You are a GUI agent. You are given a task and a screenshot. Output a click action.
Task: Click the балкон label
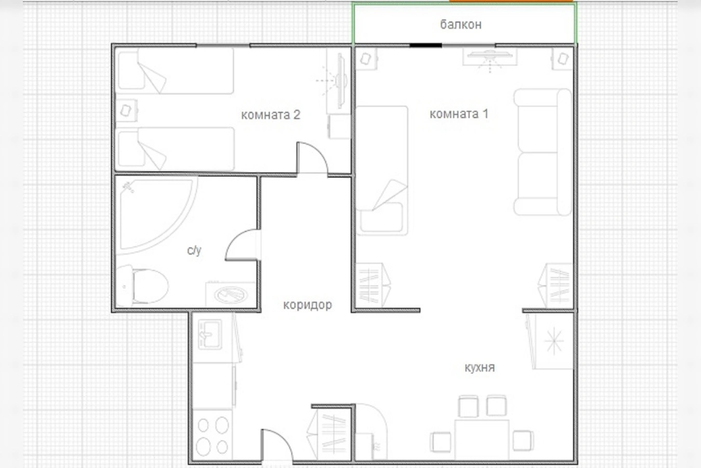point(461,24)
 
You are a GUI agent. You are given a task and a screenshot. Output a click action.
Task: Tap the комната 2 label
point(271,115)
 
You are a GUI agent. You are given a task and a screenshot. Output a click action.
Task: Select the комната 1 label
point(459,114)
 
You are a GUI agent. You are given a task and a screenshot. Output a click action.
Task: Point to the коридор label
point(307,305)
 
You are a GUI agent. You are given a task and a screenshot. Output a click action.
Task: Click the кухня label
point(479,367)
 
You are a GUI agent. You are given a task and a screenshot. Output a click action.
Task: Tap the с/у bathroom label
point(194,251)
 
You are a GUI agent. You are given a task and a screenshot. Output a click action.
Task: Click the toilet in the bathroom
point(142,286)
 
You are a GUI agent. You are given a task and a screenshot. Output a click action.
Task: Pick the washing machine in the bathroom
point(231,295)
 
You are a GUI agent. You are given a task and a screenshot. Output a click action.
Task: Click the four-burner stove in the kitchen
point(212,435)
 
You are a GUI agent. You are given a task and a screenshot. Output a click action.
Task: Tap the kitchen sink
point(210,334)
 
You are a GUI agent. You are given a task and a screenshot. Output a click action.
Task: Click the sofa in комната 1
point(543,152)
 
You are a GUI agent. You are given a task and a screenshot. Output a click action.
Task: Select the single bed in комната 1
point(382,171)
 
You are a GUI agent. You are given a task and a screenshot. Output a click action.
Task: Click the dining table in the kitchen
point(482,439)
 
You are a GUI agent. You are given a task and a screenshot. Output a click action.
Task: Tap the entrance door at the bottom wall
point(277,445)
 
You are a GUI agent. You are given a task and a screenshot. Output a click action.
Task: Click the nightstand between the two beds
point(126,111)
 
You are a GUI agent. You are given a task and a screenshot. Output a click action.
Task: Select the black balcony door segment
point(426,45)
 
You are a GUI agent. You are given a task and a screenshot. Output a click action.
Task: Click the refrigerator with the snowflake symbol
point(554,341)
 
